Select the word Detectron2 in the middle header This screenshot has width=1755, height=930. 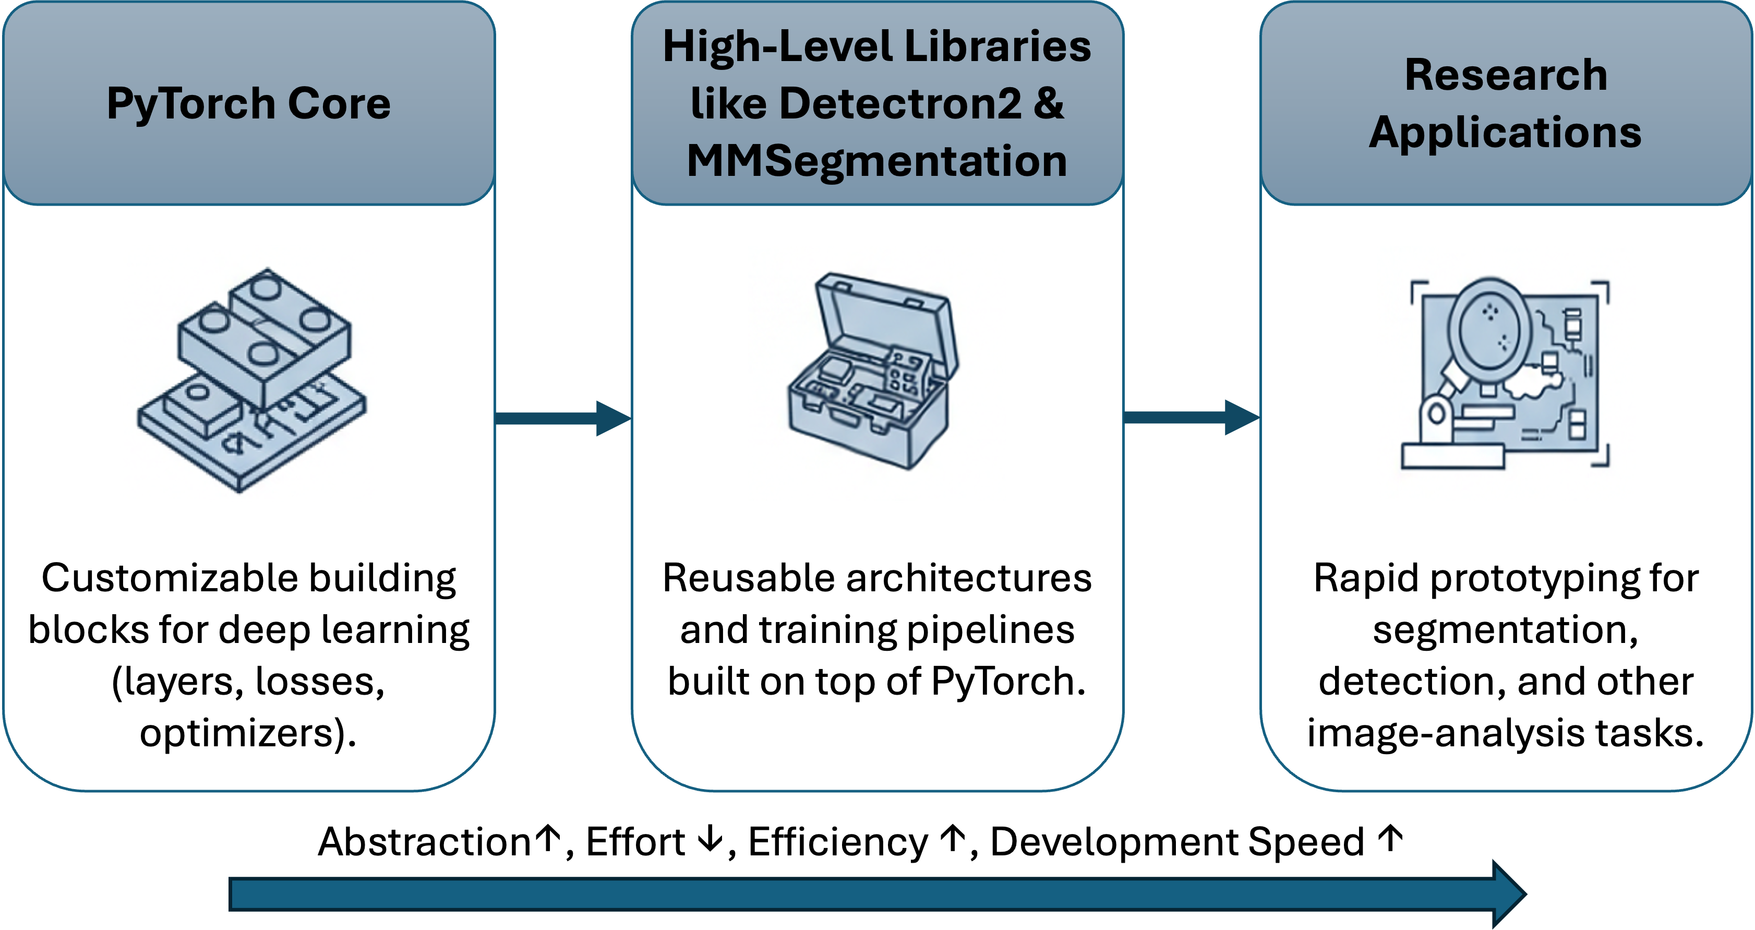coord(900,103)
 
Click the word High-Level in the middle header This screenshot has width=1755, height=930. coord(777,46)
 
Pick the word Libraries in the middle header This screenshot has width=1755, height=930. coord(997,46)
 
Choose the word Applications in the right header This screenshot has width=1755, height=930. coord(1505,132)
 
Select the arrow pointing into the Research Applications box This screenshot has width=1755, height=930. coord(1191,417)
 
